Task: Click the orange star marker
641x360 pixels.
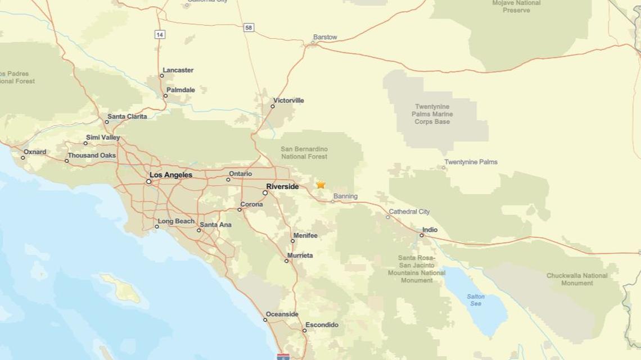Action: pyautogui.click(x=320, y=184)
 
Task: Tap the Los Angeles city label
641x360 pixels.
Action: pyautogui.click(x=171, y=175)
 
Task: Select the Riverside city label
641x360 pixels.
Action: pyautogui.click(x=282, y=186)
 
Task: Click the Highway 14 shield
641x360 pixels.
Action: pyautogui.click(x=160, y=35)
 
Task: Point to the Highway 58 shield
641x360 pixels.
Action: pyautogui.click(x=249, y=28)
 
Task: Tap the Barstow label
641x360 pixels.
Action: pyautogui.click(x=325, y=37)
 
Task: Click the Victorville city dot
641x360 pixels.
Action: pyautogui.click(x=273, y=106)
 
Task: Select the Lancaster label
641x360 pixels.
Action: pyautogui.click(x=178, y=70)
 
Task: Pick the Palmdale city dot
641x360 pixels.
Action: pyautogui.click(x=165, y=95)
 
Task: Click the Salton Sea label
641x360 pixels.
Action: pyautogui.click(x=476, y=300)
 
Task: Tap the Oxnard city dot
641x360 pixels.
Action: pyautogui.click(x=23, y=157)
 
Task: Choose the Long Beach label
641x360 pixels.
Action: pyautogui.click(x=176, y=221)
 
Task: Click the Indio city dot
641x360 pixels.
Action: pyautogui.click(x=422, y=235)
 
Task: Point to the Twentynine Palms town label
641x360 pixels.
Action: pyautogui.click(x=471, y=162)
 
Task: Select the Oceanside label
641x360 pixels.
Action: pyautogui.click(x=282, y=315)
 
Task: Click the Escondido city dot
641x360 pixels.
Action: pyautogui.click(x=305, y=330)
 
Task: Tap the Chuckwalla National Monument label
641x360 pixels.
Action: pyautogui.click(x=577, y=279)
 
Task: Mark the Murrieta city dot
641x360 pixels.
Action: pyautogui.click(x=286, y=261)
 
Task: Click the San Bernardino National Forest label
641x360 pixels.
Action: pyautogui.click(x=304, y=153)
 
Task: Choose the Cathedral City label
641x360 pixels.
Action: pyautogui.click(x=409, y=212)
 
